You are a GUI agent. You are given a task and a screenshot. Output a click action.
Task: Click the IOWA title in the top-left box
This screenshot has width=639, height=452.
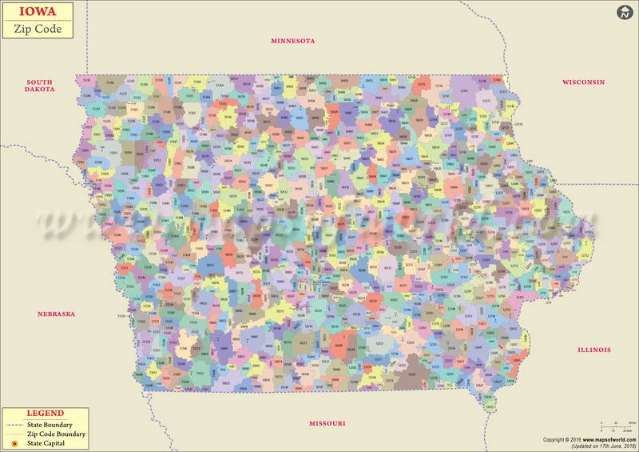[26, 12]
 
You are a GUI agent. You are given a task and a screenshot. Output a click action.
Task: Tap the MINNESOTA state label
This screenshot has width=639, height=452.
[293, 41]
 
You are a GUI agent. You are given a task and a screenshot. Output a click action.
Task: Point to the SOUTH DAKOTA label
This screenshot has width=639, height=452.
[40, 86]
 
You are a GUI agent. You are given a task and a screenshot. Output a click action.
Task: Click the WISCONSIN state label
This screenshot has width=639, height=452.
[583, 82]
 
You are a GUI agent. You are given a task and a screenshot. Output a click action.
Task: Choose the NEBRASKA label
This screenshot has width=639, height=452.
[56, 314]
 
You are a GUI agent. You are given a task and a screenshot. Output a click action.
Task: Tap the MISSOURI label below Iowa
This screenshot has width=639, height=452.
[327, 422]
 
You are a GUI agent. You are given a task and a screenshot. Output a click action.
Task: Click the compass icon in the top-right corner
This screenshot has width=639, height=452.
[624, 12]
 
